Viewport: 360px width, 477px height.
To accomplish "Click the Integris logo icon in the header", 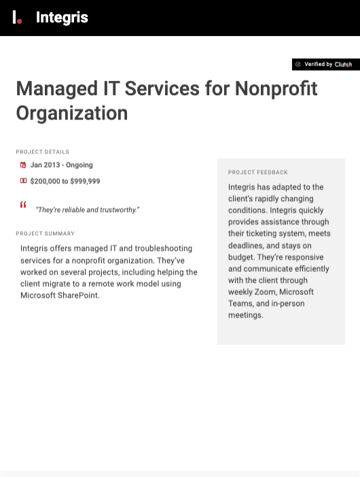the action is [x=17, y=18].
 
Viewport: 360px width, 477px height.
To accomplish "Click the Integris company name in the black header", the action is [x=62, y=18].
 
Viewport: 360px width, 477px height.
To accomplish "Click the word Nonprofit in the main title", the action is [x=276, y=89].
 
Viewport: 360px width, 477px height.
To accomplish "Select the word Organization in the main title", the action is [x=72, y=113].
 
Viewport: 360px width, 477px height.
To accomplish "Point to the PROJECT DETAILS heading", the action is [x=43, y=152].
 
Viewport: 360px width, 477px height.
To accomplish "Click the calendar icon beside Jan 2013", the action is [x=23, y=165].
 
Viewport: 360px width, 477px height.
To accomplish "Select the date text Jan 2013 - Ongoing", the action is [x=62, y=165].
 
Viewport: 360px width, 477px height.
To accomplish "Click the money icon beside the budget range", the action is [x=23, y=181].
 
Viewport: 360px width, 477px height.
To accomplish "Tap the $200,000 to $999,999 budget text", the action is [x=65, y=181].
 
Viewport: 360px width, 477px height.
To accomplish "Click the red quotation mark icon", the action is [x=23, y=205].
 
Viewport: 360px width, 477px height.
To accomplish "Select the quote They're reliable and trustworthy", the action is [x=88, y=210].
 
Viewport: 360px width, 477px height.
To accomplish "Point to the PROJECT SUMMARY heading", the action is [x=46, y=234].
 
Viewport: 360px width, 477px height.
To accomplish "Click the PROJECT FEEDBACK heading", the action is [x=258, y=173].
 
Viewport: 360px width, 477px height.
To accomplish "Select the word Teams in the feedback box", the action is [x=240, y=304].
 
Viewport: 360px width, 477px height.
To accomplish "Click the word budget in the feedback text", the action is [x=242, y=258].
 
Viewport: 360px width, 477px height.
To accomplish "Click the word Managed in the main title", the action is [x=57, y=89].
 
